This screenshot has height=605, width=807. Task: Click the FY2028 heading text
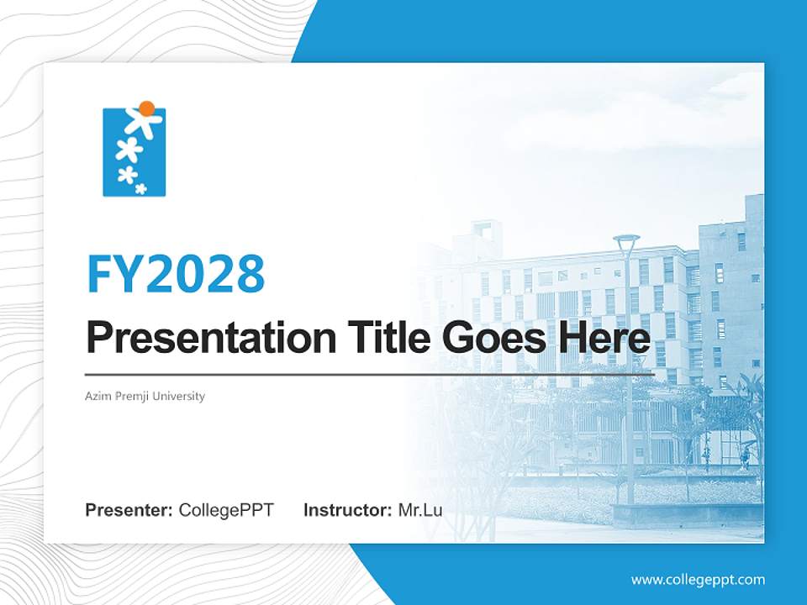(176, 273)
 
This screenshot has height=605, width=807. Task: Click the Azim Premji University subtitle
(145, 396)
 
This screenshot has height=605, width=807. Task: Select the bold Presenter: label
(129, 510)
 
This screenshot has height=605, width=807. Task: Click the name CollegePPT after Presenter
(225, 510)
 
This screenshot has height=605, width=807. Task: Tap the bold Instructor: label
(347, 510)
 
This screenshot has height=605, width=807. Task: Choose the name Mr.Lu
(419, 510)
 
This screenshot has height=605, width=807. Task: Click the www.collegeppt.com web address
(698, 580)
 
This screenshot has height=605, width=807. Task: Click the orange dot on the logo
(147, 108)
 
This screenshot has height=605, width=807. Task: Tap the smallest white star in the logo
(141, 188)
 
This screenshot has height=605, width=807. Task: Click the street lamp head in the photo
(626, 239)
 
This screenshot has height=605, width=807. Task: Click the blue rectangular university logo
(134, 152)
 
